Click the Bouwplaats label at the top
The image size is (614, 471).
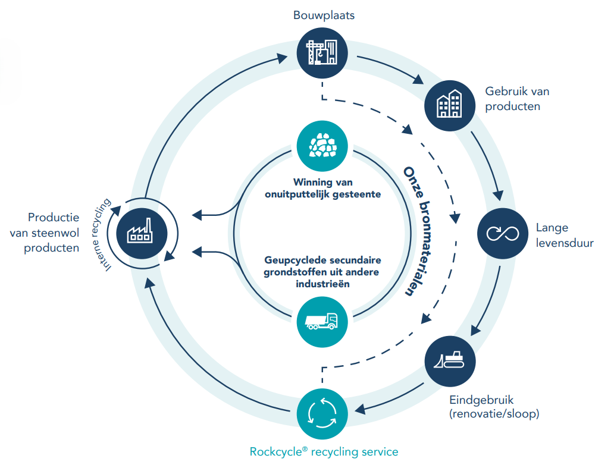324,15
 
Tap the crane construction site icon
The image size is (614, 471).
322,54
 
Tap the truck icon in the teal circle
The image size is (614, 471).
322,321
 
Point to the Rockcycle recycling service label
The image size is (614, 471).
324,452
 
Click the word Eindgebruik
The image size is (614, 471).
474,400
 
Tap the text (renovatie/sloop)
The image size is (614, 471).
494,414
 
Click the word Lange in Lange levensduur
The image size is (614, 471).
552,228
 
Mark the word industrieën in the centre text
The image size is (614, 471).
322,284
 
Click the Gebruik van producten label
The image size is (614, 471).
517,99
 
